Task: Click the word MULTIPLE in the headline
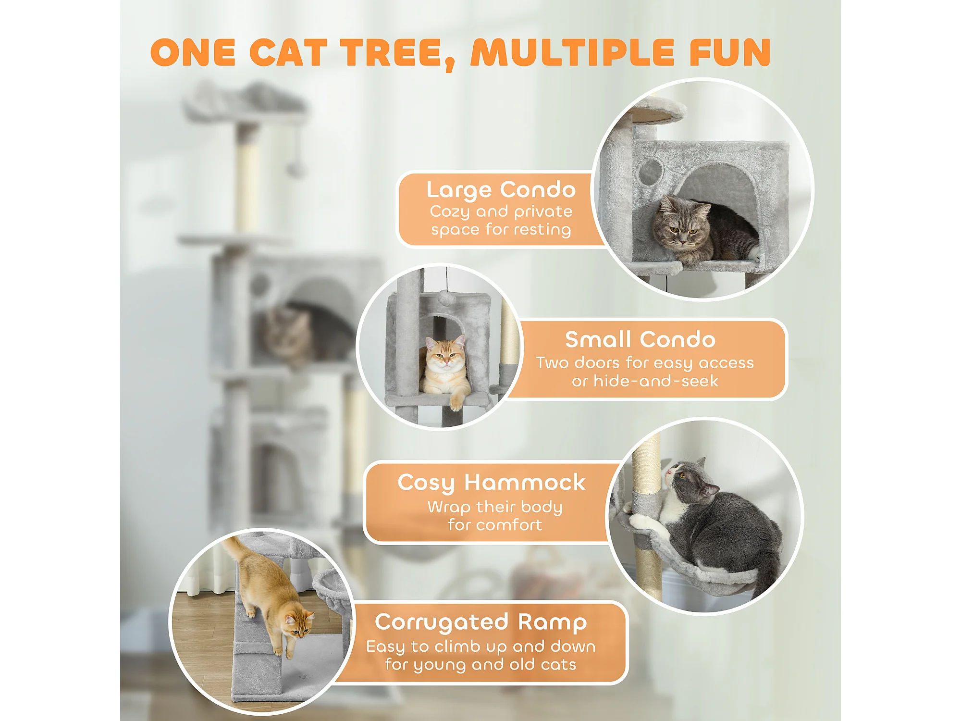click(x=572, y=52)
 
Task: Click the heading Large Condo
click(x=501, y=190)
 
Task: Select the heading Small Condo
click(x=640, y=339)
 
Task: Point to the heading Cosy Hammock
click(x=491, y=483)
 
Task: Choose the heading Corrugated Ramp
click(x=480, y=622)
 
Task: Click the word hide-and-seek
click(x=656, y=381)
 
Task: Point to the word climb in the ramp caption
click(x=458, y=647)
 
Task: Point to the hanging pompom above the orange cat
click(x=446, y=298)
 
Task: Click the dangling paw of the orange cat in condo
click(x=455, y=401)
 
